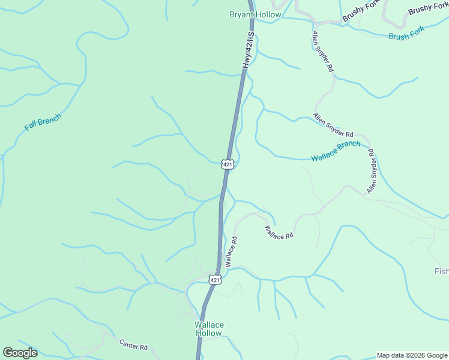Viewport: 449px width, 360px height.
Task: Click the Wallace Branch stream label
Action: tap(336, 151)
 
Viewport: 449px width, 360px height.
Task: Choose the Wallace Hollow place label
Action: tap(209, 329)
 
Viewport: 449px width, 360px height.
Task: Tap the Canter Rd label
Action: tap(133, 345)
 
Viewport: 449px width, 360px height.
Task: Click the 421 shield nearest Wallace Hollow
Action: tap(215, 280)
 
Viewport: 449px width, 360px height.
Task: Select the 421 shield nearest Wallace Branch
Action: tap(227, 164)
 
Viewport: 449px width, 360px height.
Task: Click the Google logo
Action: tap(20, 353)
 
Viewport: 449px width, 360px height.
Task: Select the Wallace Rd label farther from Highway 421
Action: tap(279, 232)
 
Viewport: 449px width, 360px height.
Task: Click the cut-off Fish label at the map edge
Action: tap(441, 271)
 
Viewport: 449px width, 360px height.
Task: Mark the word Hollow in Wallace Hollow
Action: tap(209, 333)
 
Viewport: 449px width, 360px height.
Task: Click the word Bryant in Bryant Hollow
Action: tap(240, 14)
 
